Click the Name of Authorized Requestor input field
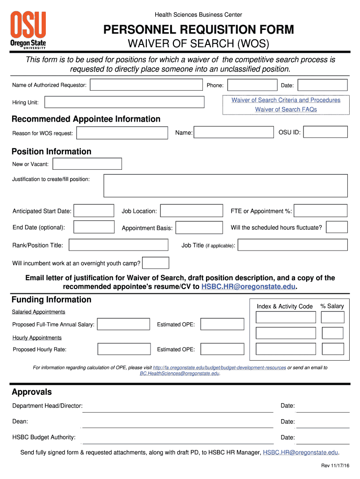146,85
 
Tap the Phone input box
252,85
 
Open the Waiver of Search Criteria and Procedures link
286,100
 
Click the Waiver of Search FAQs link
286,109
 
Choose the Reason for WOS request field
122,133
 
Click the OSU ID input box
325,132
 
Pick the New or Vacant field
87,164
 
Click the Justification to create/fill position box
225,186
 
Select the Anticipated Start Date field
94,211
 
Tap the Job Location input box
191,211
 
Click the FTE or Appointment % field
320,211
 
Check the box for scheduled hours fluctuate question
337,227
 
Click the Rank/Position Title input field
118,245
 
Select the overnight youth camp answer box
156,263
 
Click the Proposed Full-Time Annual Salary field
123,325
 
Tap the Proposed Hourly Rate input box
124,349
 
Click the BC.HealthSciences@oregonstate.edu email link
180,374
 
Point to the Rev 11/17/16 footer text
335,466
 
